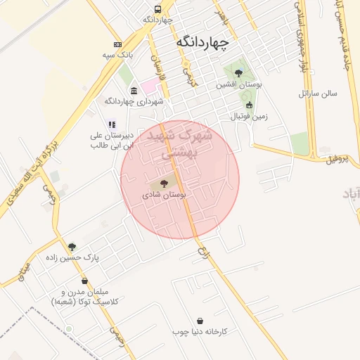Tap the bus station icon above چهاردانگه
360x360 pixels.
157,9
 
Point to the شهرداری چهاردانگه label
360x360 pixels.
142,101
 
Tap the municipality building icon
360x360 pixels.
134,90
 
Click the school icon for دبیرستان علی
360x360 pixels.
110,124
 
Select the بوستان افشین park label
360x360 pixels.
239,84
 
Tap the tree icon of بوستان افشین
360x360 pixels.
238,72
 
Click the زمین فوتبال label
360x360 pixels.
250,116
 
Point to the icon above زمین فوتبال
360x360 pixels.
249,105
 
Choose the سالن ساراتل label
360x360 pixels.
318,93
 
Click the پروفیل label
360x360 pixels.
337,159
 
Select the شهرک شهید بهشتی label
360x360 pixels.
175,143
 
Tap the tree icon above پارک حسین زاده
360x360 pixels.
72,247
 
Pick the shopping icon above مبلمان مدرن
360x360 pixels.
85,281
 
